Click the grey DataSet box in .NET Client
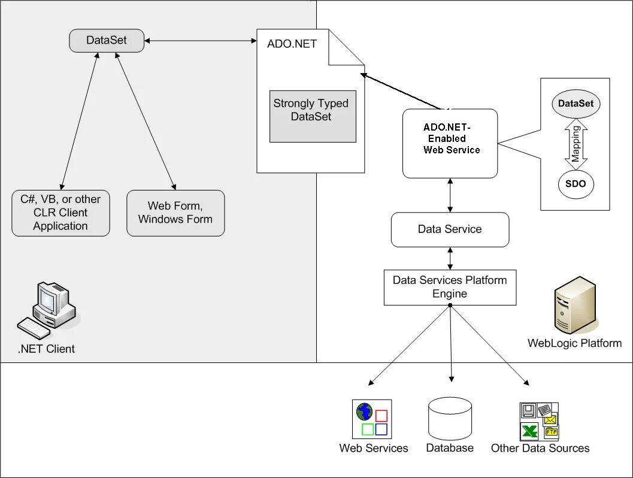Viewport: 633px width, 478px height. [107, 40]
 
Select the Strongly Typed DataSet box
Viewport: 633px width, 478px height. [313, 116]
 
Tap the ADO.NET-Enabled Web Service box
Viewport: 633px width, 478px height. [450, 143]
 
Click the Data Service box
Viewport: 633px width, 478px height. [450, 229]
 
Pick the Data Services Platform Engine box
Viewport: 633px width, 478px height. [450, 288]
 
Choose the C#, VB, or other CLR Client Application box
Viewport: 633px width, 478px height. [60, 213]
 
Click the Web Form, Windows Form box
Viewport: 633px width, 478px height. [175, 213]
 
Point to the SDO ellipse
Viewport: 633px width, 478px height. [576, 184]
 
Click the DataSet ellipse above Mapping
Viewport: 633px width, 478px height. [576, 104]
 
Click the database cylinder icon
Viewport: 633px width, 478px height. [450, 419]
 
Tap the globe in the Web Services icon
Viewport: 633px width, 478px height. [365, 412]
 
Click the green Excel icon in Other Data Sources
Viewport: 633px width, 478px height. [529, 431]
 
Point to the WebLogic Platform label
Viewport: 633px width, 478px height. [574, 343]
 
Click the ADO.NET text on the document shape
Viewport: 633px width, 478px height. [292, 44]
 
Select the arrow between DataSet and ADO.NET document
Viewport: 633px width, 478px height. [201, 40]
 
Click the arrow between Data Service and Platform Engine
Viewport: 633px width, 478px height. [450, 258]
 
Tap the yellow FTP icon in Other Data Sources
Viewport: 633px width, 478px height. [552, 432]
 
